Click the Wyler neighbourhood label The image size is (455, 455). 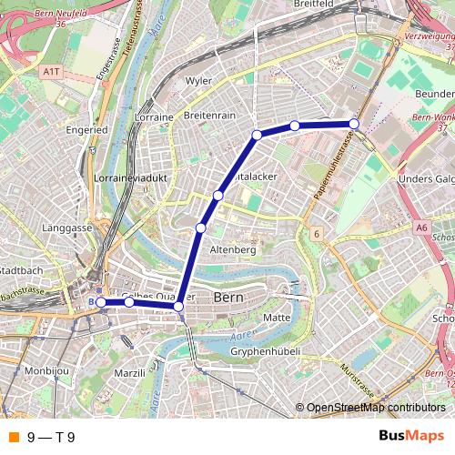click(198, 81)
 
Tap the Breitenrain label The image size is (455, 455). click(209, 116)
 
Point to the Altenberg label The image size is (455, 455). click(233, 249)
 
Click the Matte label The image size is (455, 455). click(276, 317)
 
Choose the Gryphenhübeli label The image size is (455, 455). click(265, 350)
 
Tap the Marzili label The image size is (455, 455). click(130, 373)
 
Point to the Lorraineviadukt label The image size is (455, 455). click(131, 178)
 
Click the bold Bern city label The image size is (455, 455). click(227, 298)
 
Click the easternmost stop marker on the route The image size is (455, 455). click(354, 124)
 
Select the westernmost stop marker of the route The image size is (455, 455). click(101, 302)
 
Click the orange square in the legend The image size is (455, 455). click(13, 437)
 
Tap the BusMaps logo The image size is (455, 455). click(411, 436)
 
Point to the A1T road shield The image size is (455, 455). click(51, 69)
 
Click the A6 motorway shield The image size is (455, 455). click(420, 227)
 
